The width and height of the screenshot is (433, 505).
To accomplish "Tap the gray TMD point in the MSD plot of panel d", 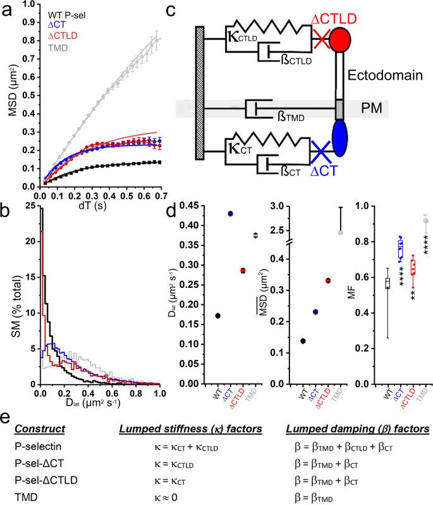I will click(x=341, y=232).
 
